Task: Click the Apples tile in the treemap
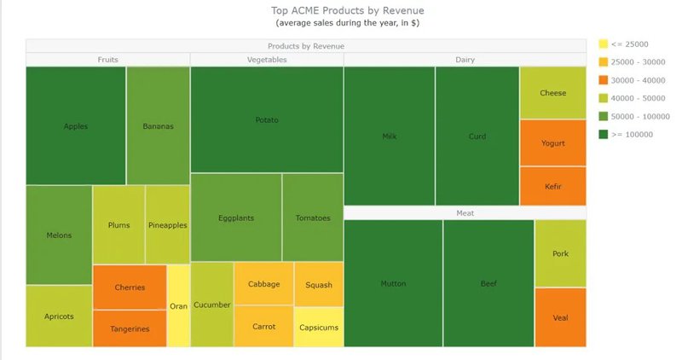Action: pyautogui.click(x=76, y=126)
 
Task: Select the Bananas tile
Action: pyautogui.click(x=158, y=126)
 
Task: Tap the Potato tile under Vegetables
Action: pyautogui.click(x=267, y=120)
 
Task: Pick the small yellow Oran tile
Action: pyautogui.click(x=178, y=306)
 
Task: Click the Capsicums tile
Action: pyautogui.click(x=319, y=327)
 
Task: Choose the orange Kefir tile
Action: pyautogui.click(x=552, y=186)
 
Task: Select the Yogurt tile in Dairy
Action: pyautogui.click(x=552, y=142)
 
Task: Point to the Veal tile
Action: pyautogui.click(x=560, y=317)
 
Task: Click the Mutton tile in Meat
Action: pyautogui.click(x=393, y=283)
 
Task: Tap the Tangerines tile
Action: pyautogui.click(x=130, y=328)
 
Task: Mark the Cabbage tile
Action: pyautogui.click(x=263, y=284)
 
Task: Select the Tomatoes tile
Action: pyautogui.click(x=313, y=218)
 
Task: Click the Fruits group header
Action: pyautogui.click(x=108, y=60)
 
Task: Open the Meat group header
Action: pyautogui.click(x=465, y=213)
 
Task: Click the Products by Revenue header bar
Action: pyautogui.click(x=305, y=46)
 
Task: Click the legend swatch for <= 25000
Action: pyautogui.click(x=604, y=44)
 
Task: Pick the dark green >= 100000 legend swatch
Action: pyautogui.click(x=604, y=134)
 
